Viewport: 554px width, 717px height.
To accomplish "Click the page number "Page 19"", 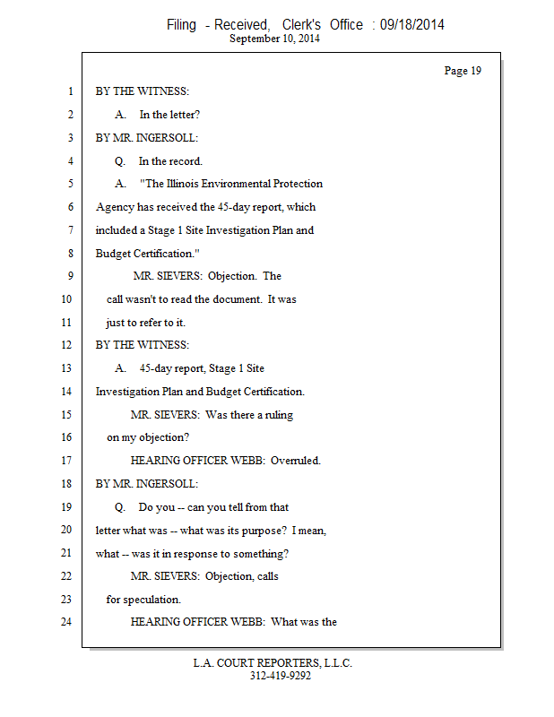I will click(463, 71).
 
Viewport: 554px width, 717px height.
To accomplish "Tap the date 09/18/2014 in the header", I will click(411, 25).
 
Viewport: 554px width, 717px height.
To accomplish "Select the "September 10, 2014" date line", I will click(275, 39).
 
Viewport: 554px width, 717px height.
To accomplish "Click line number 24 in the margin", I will click(65, 621).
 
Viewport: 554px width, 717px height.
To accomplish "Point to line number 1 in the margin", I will click(68, 91).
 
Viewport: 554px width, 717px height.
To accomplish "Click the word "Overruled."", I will click(296, 461).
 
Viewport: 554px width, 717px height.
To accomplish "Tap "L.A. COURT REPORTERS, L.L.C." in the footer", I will click(273, 663).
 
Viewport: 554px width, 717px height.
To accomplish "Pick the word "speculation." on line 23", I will click(152, 600).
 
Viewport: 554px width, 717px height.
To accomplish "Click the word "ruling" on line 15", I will click(277, 415).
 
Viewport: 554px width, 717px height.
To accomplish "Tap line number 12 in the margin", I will click(65, 345).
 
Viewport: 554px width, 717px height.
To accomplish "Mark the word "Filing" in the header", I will click(181, 25).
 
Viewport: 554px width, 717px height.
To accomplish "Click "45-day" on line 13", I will click(156, 368).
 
